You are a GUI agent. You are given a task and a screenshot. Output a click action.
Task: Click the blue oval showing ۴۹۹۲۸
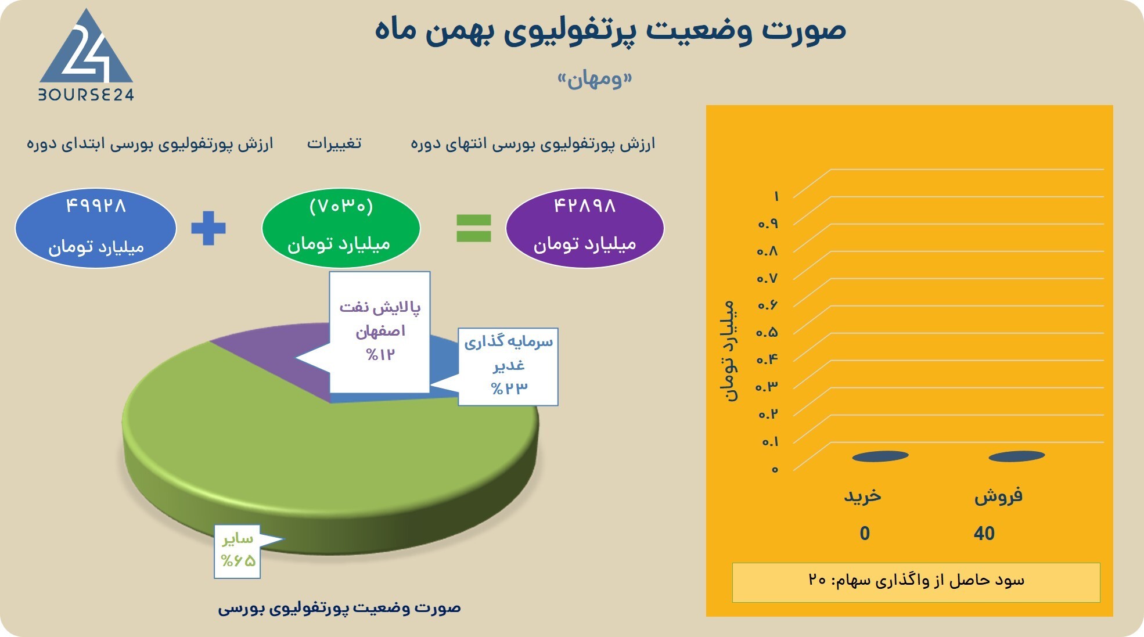tap(96, 228)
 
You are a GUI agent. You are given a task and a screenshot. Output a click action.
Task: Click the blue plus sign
tap(208, 228)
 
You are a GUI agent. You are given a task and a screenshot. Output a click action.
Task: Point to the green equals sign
tap(474, 228)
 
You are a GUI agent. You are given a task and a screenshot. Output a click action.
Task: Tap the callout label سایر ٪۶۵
tap(238, 550)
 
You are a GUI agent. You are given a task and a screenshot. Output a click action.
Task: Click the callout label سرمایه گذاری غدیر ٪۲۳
tap(508, 366)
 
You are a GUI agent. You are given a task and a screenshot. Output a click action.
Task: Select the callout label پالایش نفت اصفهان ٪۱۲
tap(380, 331)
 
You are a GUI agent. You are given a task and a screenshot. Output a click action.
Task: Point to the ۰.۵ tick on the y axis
tap(767, 333)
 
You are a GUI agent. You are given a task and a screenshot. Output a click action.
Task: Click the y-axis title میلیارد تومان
tap(731, 351)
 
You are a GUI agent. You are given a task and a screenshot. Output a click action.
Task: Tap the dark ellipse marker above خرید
tap(880, 456)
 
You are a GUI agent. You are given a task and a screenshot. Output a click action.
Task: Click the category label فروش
tap(998, 496)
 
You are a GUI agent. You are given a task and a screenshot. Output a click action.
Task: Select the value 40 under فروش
tap(984, 533)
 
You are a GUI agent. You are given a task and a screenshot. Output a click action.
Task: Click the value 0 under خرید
tap(865, 533)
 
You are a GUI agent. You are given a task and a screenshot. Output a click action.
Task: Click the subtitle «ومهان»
tap(595, 80)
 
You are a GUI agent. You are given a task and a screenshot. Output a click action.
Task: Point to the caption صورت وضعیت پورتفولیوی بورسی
tap(339, 608)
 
